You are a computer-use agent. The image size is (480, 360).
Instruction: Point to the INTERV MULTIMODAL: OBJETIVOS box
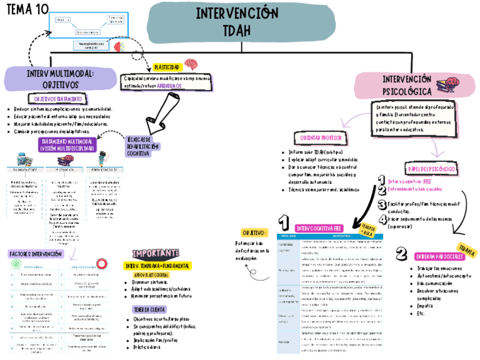pos(61,79)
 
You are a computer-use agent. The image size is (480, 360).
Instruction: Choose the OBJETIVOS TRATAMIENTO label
pos(54,98)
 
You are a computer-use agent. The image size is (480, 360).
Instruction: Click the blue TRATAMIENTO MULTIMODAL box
pos(67,144)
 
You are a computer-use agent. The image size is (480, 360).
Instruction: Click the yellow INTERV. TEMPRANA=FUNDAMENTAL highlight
pos(158,265)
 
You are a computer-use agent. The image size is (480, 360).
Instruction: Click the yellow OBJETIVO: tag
pos(254,233)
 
